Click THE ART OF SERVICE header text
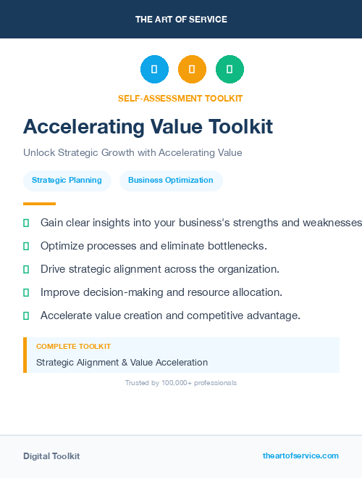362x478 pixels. point(181,20)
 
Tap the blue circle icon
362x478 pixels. point(154,70)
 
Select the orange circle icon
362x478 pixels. point(192,70)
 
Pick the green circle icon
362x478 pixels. point(230,70)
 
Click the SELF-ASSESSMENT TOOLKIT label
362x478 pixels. point(180,99)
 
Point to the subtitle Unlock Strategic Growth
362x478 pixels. point(132,153)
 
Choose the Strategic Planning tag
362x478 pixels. point(67,180)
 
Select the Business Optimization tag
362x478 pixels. point(171,180)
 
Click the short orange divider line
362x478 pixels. point(39,204)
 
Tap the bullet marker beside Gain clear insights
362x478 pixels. point(26,223)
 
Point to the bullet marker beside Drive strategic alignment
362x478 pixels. point(26,269)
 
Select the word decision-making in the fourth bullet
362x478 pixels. point(117,292)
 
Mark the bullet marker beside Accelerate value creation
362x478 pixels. point(26,316)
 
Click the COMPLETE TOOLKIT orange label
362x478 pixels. point(73,347)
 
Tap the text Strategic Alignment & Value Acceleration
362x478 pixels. point(122,362)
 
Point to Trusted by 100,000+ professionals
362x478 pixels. point(181,382)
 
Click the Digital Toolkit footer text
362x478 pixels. point(51,456)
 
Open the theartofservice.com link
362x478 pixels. point(300,456)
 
